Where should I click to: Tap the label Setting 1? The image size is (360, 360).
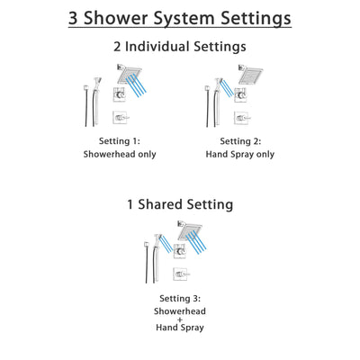119,141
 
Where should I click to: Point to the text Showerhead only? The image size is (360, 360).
119,154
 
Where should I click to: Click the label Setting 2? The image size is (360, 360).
241,141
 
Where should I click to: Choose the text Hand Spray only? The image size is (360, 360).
241,154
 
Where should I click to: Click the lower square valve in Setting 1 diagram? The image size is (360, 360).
119,117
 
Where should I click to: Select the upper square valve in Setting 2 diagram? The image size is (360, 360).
241,96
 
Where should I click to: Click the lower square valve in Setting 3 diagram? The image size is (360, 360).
181,274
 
